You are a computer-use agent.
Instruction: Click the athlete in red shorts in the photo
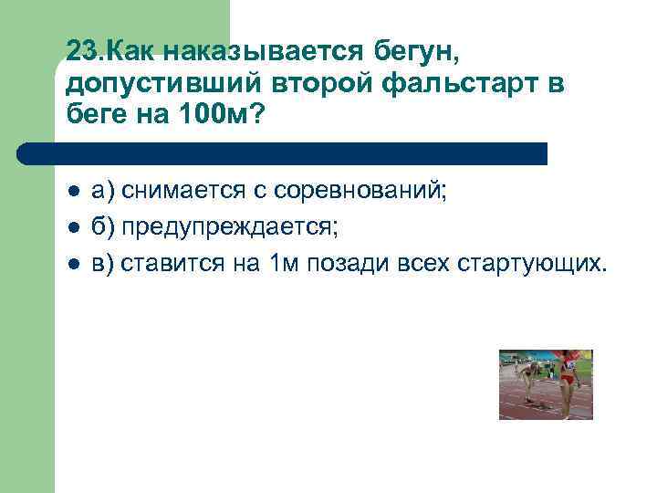(568, 379)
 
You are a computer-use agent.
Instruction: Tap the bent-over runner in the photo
(527, 382)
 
